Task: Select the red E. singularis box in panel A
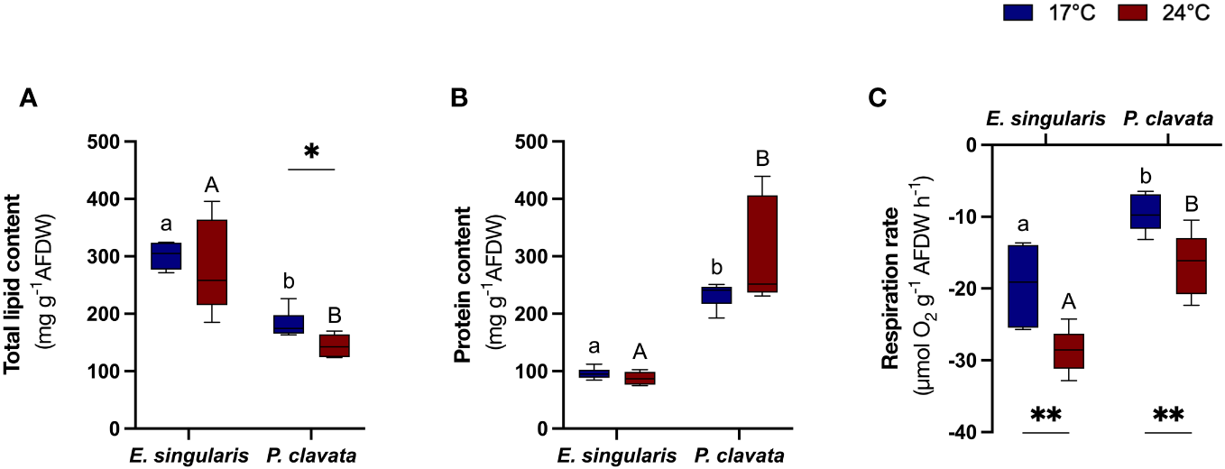click(x=211, y=262)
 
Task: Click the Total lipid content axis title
click(x=14, y=286)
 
